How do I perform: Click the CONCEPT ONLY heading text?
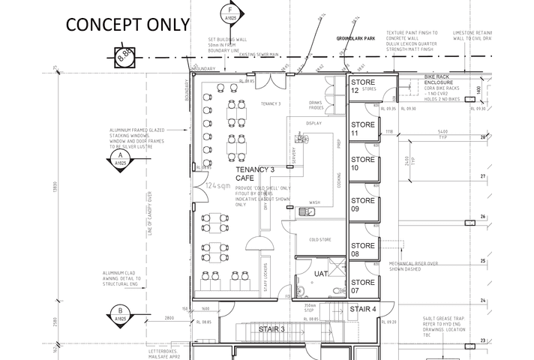128,23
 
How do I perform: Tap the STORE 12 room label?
362,86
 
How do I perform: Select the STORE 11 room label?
362,128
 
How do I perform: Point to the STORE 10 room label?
362,163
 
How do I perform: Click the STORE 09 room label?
362,205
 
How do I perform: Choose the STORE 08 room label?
362,250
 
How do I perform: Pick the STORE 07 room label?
362,286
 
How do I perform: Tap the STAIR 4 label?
363,309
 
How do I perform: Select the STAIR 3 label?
271,328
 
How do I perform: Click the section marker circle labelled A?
118,157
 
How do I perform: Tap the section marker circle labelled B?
118,314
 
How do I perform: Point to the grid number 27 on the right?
484,176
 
